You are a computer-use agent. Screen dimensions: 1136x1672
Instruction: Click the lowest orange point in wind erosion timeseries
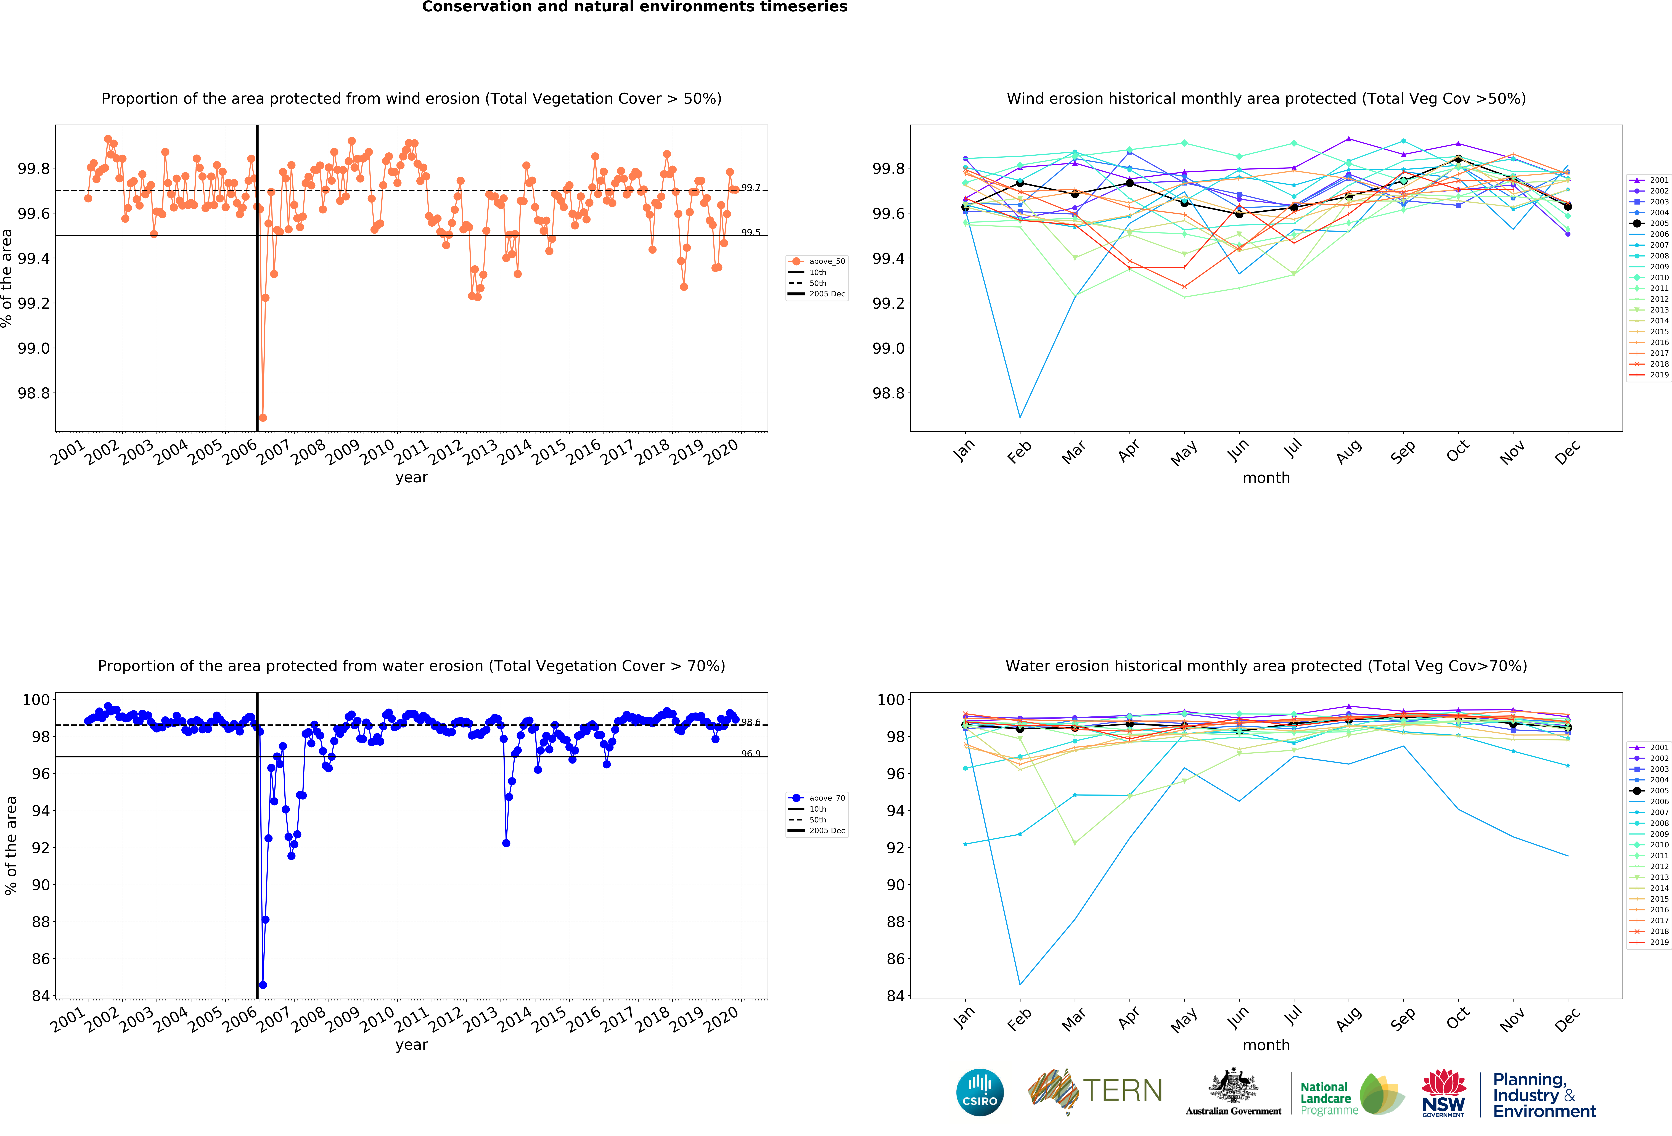(263, 417)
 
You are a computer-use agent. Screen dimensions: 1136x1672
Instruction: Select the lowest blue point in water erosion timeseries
(263, 984)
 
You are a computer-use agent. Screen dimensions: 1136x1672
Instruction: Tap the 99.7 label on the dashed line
(750, 188)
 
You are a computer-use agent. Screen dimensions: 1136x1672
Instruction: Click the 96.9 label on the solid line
(750, 753)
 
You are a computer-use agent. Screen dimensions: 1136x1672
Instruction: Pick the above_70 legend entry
(817, 798)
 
